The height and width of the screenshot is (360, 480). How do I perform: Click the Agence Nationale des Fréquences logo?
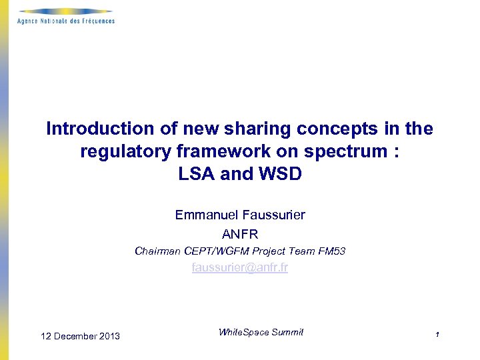66,16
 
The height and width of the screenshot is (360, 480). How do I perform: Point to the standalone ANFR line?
240,234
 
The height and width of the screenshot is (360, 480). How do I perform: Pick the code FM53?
331,251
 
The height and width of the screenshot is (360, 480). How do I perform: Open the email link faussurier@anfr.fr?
240,268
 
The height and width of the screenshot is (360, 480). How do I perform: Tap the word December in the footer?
75,336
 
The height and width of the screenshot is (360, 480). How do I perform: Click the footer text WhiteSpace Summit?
261,332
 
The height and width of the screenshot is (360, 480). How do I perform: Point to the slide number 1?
437,335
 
